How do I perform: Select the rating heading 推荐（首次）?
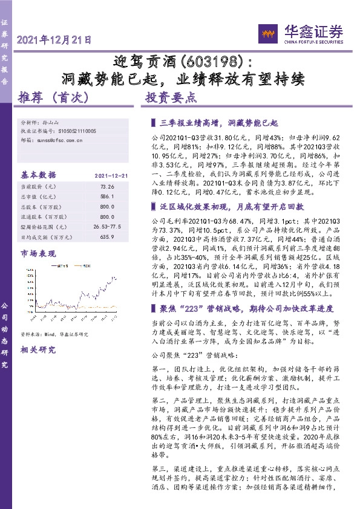(x=54, y=97)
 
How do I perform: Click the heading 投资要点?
(x=171, y=97)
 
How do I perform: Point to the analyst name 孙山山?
(x=51, y=122)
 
